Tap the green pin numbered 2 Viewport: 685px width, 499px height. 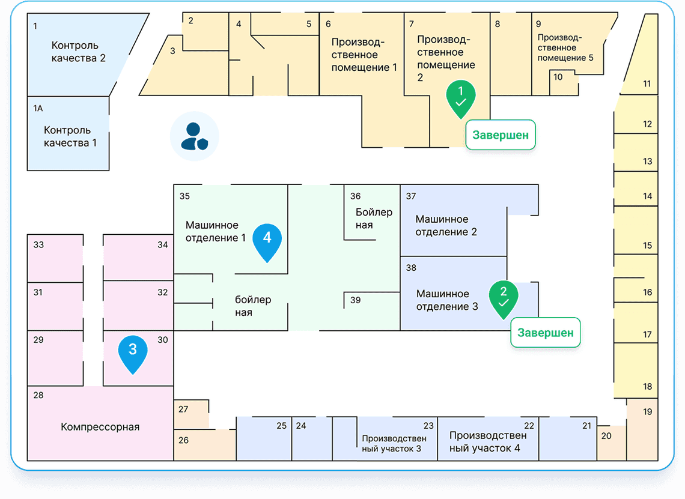[504, 297]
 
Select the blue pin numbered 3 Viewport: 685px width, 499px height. [133, 352]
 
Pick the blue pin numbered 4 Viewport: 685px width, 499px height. [267, 241]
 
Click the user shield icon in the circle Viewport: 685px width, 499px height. [194, 136]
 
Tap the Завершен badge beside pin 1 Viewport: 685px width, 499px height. [500, 135]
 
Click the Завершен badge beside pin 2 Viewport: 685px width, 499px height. [546, 332]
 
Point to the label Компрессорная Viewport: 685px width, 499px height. [100, 427]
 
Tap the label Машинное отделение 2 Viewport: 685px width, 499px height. [446, 225]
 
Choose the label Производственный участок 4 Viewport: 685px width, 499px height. [488, 441]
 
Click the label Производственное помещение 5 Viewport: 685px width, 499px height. [565, 48]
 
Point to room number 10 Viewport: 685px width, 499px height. [558, 77]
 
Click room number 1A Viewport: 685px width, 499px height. [38, 108]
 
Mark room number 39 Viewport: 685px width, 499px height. [356, 300]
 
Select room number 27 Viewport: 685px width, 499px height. [183, 410]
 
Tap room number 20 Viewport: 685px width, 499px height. [606, 436]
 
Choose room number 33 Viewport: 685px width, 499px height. [38, 244]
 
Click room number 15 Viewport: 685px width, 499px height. [647, 245]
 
